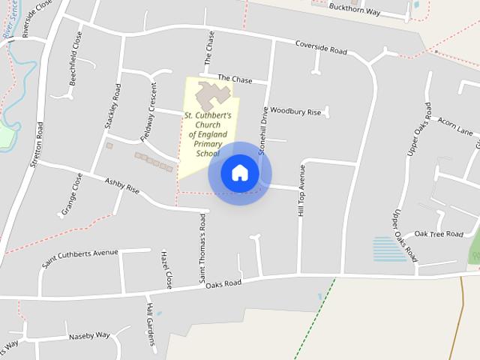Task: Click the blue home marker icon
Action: click(239, 173)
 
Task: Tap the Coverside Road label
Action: click(321, 47)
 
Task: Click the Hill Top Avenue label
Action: click(301, 191)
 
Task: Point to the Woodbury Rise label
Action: click(295, 111)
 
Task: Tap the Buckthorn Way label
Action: click(354, 9)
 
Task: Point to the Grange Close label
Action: click(72, 193)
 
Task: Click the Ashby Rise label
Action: click(122, 186)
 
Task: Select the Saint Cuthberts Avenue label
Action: click(80, 258)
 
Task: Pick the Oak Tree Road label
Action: click(439, 234)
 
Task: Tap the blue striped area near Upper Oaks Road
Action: click(390, 248)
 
